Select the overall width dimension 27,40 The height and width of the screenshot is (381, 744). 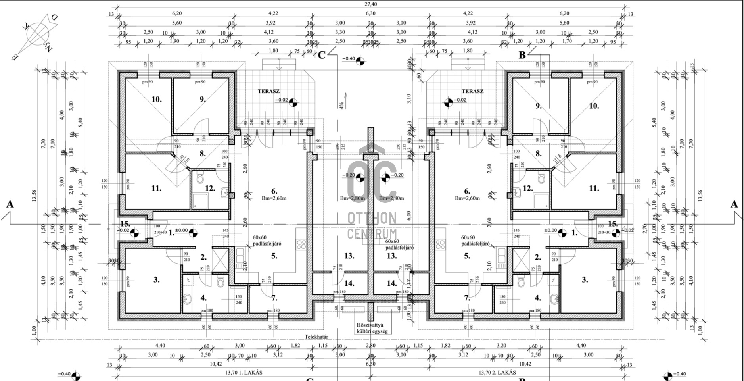click(x=370, y=4)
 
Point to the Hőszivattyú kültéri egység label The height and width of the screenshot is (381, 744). click(x=372, y=328)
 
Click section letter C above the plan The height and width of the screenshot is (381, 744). click(x=322, y=55)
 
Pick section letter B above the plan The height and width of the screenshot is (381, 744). click(x=522, y=55)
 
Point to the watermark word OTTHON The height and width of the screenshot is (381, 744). click(x=372, y=218)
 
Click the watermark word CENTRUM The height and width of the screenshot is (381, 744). click(x=372, y=233)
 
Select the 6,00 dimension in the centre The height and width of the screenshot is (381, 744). click(x=409, y=215)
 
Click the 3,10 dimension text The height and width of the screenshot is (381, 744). click(x=409, y=98)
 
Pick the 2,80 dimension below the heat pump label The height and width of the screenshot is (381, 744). click(x=370, y=346)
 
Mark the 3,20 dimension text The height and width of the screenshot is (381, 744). click(x=501, y=346)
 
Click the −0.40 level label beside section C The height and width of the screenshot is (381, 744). click(x=349, y=59)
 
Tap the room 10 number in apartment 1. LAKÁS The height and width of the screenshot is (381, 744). click(x=157, y=99)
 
